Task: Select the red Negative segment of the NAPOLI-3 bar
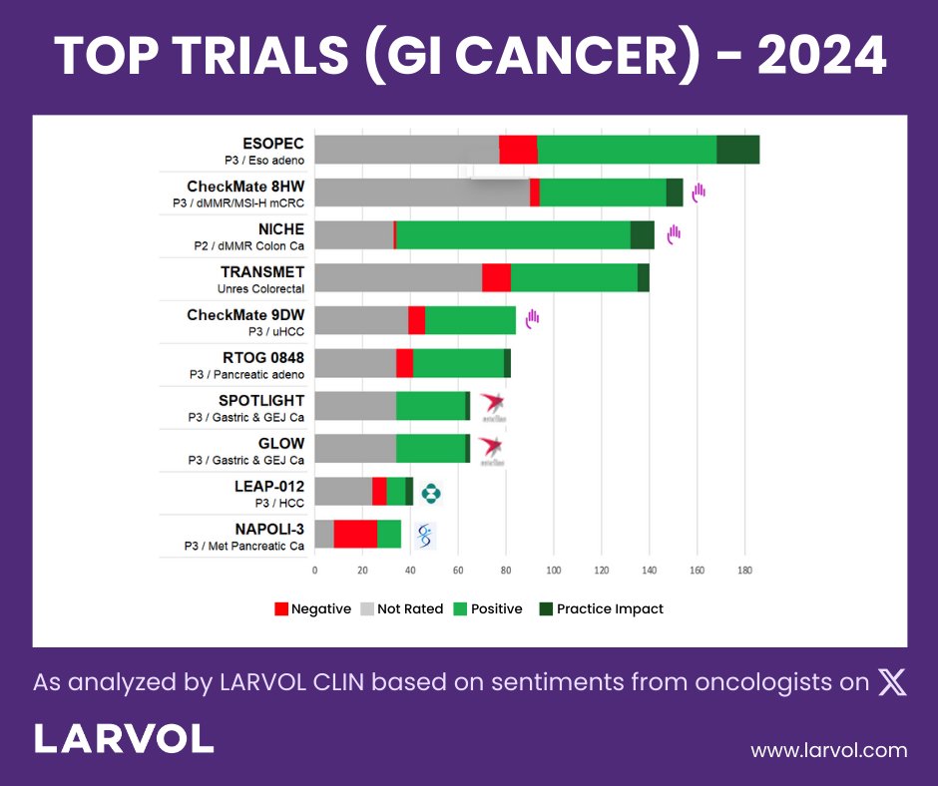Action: (x=355, y=534)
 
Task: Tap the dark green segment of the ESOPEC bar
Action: (x=737, y=149)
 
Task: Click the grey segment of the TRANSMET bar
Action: (x=398, y=277)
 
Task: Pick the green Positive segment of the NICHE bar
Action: (x=513, y=234)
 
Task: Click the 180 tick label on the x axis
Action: (x=744, y=571)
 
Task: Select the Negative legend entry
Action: (x=312, y=608)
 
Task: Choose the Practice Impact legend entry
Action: (x=601, y=608)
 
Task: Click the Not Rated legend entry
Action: (x=402, y=608)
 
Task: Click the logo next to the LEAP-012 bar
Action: (x=431, y=492)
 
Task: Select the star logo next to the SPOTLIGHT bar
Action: (x=492, y=406)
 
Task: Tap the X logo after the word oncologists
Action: (x=891, y=682)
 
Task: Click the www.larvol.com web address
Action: (x=828, y=750)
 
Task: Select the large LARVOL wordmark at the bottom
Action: (x=124, y=739)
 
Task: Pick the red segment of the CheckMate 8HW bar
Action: (x=535, y=192)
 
